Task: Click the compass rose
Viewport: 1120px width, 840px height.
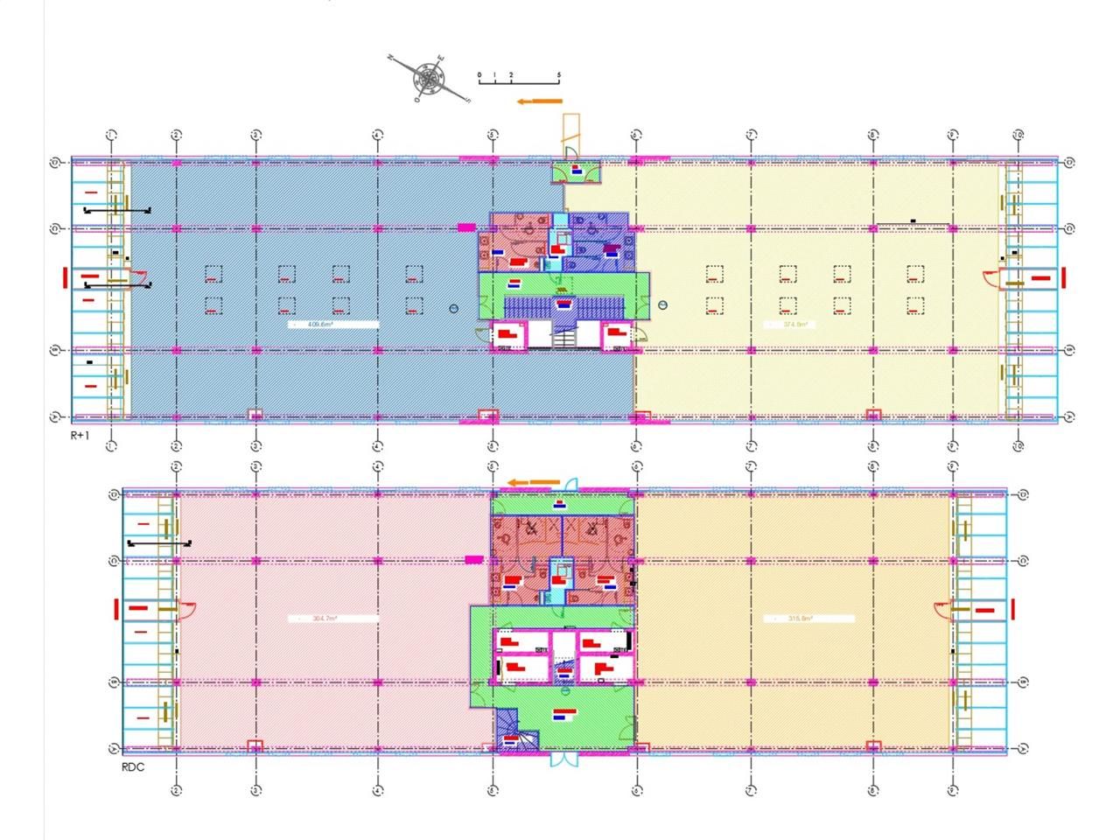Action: tap(430, 78)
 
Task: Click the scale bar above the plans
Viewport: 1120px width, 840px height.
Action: tap(518, 82)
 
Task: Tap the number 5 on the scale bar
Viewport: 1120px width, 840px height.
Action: tap(558, 74)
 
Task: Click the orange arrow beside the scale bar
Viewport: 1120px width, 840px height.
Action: tap(538, 101)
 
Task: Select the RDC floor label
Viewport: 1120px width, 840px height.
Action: tap(132, 767)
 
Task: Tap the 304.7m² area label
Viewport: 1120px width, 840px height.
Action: tap(325, 618)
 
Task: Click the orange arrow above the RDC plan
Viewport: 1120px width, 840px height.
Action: tap(535, 481)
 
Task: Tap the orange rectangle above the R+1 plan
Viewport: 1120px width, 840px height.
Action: tap(570, 131)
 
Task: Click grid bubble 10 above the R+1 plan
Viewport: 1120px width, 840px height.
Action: tap(1018, 135)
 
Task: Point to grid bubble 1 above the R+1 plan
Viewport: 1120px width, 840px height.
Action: tap(111, 135)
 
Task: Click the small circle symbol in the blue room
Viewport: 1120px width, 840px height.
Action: tap(453, 308)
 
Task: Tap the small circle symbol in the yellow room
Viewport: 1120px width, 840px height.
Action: tap(662, 304)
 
